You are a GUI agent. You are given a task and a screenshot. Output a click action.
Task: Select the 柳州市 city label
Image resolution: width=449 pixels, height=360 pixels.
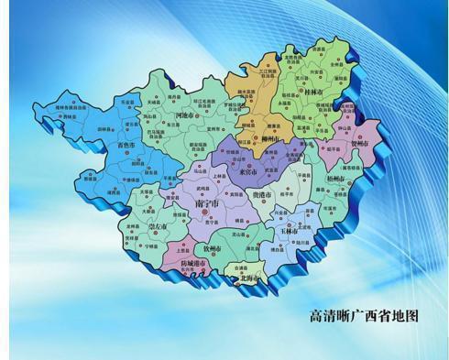click(x=269, y=139)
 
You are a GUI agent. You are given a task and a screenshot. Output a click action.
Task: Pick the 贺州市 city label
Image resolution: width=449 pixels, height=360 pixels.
click(x=359, y=144)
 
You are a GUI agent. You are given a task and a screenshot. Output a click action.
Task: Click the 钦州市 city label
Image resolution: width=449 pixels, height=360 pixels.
click(x=213, y=248)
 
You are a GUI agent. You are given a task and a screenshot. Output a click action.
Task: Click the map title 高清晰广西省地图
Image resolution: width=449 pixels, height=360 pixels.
click(x=365, y=316)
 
